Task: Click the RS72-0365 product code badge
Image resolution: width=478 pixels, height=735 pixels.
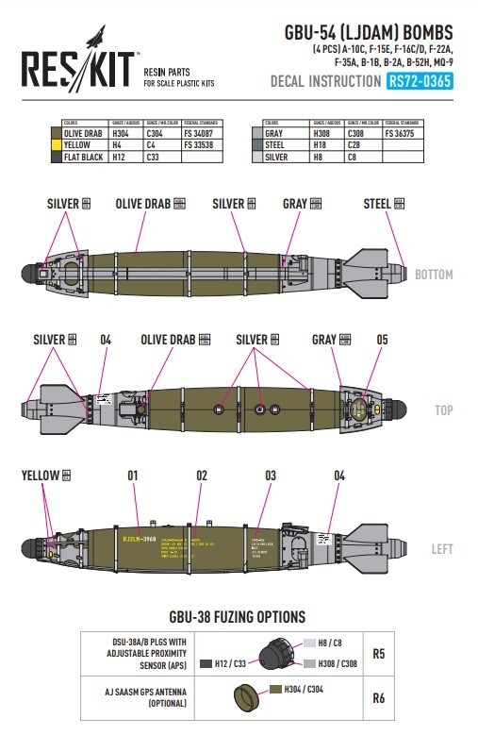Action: coord(420,81)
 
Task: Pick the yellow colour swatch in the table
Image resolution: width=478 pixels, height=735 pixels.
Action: coord(55,145)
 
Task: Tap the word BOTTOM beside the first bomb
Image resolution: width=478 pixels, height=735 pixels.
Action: coord(433,275)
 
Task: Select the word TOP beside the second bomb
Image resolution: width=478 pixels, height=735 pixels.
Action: coord(443,411)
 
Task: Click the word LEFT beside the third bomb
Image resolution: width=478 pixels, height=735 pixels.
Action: coord(442,549)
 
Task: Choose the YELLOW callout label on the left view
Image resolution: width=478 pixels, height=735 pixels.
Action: coord(41,476)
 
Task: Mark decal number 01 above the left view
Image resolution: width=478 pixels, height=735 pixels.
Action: coord(132,476)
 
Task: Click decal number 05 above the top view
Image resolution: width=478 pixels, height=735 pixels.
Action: coord(381,340)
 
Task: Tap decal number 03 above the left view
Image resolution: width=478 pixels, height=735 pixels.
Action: coord(271,476)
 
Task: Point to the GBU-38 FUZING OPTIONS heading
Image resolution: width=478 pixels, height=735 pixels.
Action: coord(237,617)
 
